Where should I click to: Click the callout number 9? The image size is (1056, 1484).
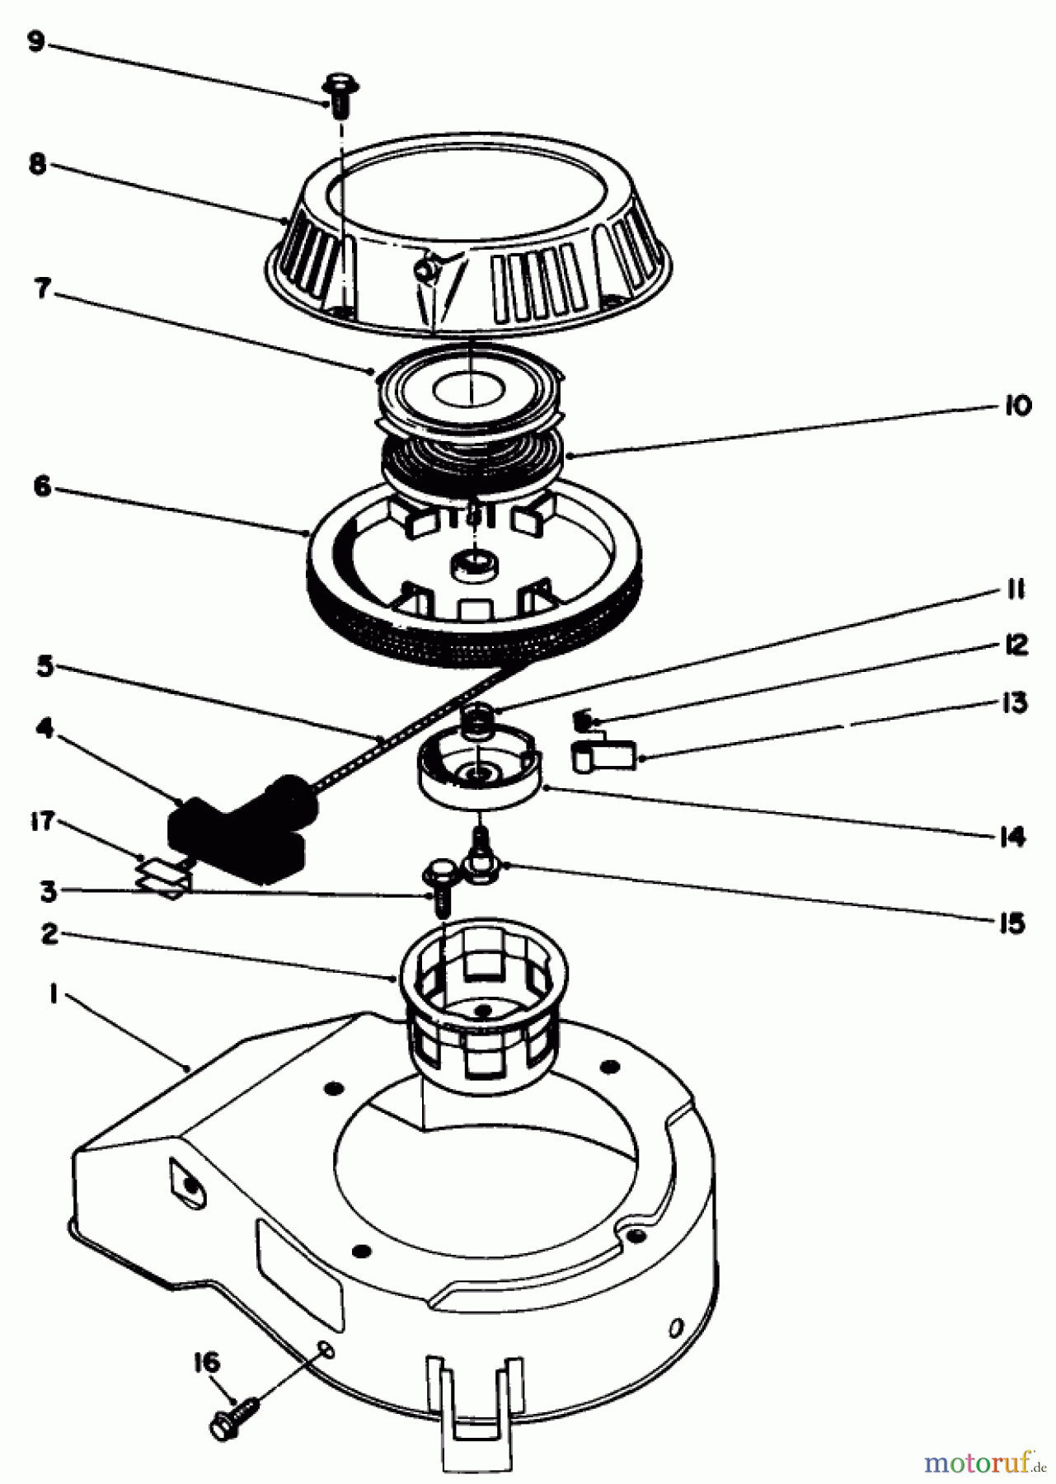tap(35, 41)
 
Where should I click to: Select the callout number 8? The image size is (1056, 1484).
tap(35, 163)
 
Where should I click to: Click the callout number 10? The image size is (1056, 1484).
tap(1017, 406)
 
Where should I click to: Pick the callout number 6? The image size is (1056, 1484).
tap(41, 486)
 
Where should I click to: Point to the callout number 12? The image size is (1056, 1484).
tap(1016, 645)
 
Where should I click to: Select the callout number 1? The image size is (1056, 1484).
tap(52, 995)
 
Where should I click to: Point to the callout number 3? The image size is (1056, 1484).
tap(48, 890)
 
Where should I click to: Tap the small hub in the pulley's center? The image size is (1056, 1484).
tap(473, 567)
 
